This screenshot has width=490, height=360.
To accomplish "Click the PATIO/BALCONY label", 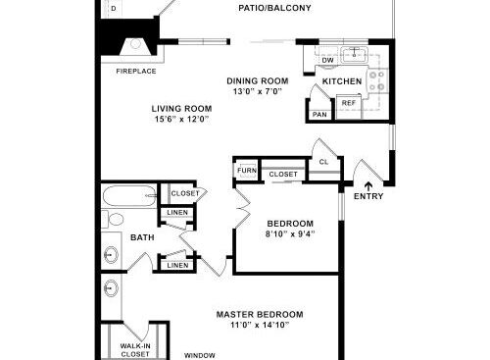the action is (274, 8).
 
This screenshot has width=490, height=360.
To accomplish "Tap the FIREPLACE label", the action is (136, 71).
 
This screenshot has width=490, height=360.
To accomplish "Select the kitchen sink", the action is (354, 55).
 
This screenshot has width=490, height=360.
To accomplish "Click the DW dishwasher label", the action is (327, 60).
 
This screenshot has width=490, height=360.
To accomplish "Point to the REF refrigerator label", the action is (349, 103).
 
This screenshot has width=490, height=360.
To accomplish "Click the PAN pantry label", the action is (319, 115).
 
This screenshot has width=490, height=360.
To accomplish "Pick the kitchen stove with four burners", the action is (378, 80).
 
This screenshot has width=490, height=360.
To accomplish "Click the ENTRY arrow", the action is (368, 186).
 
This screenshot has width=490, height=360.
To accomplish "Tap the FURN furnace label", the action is (247, 171).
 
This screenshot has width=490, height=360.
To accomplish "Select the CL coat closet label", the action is (323, 162).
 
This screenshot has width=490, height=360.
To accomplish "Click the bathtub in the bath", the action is (129, 195).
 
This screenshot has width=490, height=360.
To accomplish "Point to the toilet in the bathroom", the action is (113, 219).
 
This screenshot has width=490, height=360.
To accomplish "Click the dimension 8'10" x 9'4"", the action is (290, 233).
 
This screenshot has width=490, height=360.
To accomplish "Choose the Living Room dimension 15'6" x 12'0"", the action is (181, 119).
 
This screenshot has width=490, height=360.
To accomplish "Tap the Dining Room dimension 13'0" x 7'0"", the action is (258, 91).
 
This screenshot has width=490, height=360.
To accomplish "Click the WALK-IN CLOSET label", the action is (135, 350).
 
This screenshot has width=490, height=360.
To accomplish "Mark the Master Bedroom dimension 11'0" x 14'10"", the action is (260, 325).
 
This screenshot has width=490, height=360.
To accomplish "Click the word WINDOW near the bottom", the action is (200, 355).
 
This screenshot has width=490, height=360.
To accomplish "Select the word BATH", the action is (142, 237).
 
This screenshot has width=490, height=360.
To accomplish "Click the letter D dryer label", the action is (114, 9).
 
